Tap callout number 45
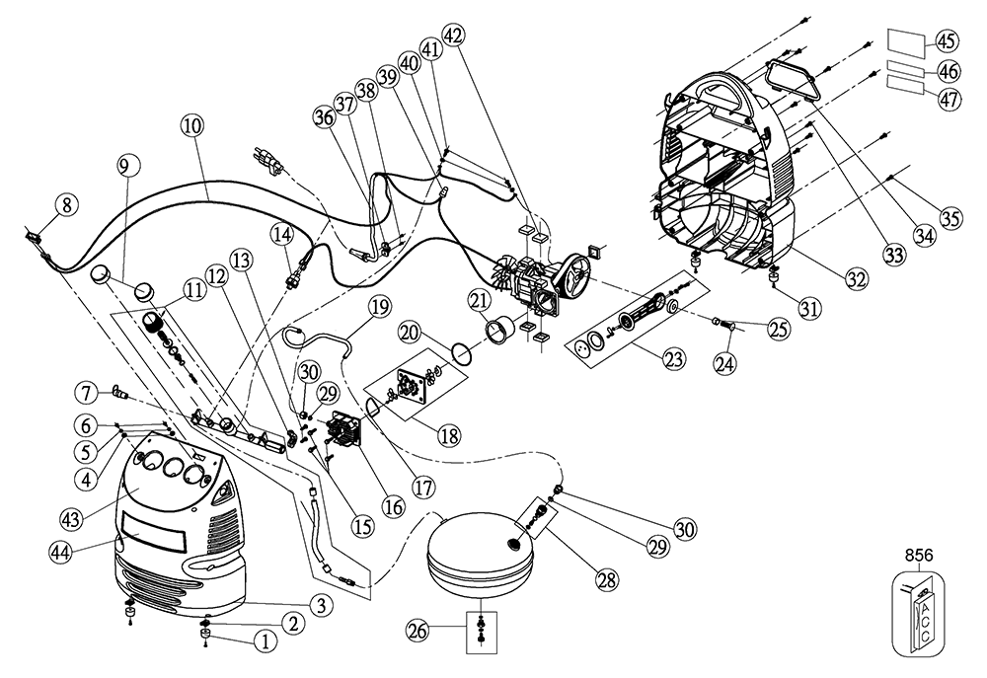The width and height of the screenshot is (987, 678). pos(947,41)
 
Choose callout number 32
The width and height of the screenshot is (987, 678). pos(855,279)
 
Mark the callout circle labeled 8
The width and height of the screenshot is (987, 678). pos(65,205)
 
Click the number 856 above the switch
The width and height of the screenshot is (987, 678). pos(924,556)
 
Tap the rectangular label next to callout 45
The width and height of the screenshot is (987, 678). pos(906,43)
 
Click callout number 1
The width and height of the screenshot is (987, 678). pos(264,639)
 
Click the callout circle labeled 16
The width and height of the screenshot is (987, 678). pos(392,506)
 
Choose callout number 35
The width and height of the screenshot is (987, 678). pos(949,218)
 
